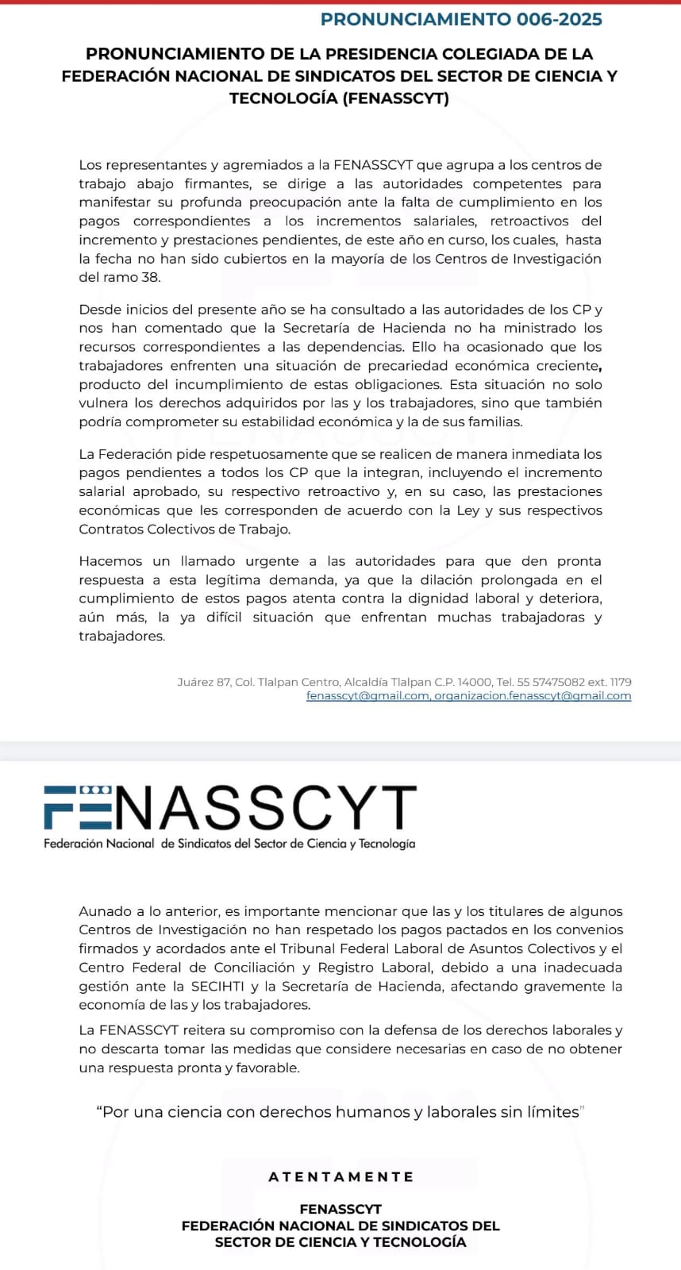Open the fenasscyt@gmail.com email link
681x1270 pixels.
[x=367, y=696]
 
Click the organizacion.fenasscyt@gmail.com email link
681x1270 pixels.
[x=533, y=696]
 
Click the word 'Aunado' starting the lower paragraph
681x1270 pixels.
[x=106, y=911]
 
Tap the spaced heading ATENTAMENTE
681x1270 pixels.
[x=340, y=1177]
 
